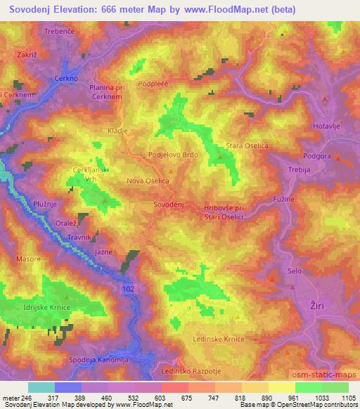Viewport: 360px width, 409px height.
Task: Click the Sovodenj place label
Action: pyautogui.click(x=168, y=204)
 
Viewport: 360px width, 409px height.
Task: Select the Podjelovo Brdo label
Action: pyautogui.click(x=173, y=155)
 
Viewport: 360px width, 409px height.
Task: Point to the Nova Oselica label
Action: pyautogui.click(x=148, y=181)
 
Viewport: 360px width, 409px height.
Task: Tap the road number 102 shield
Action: pyautogui.click(x=127, y=289)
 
